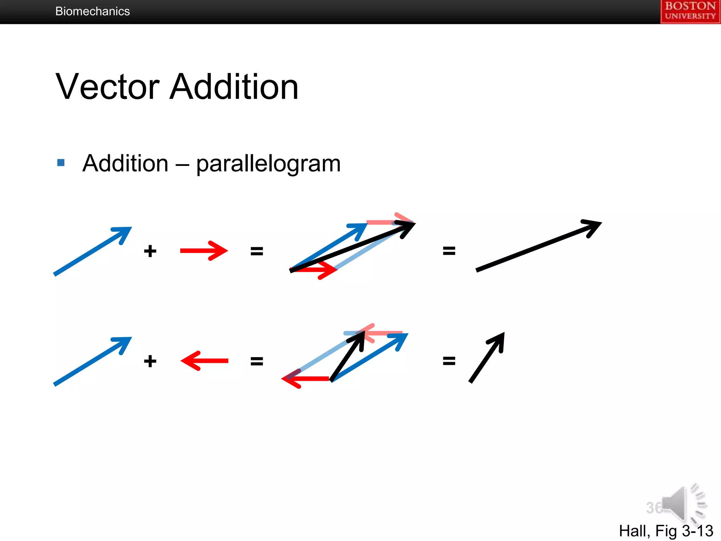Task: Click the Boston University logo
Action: pyautogui.click(x=690, y=11)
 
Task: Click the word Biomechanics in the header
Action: pyautogui.click(x=92, y=11)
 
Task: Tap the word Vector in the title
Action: pyautogui.click(x=107, y=87)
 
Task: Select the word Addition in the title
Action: pyautogui.click(x=234, y=87)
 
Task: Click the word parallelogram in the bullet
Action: pyautogui.click(x=268, y=163)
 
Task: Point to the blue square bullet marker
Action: pyautogui.click(x=61, y=162)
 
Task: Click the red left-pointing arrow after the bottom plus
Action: pyautogui.click(x=204, y=361)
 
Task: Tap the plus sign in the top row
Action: pyautogui.click(x=150, y=251)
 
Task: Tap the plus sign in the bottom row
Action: pyautogui.click(x=150, y=361)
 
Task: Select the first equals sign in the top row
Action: pyautogui.click(x=257, y=251)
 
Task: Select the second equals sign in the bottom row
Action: pyautogui.click(x=449, y=361)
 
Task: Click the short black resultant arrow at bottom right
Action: pyautogui.click(x=487, y=358)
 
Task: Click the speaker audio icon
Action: pyautogui.click(x=683, y=504)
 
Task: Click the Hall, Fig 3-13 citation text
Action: pyautogui.click(x=666, y=530)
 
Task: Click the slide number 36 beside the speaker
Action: pyautogui.click(x=654, y=508)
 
